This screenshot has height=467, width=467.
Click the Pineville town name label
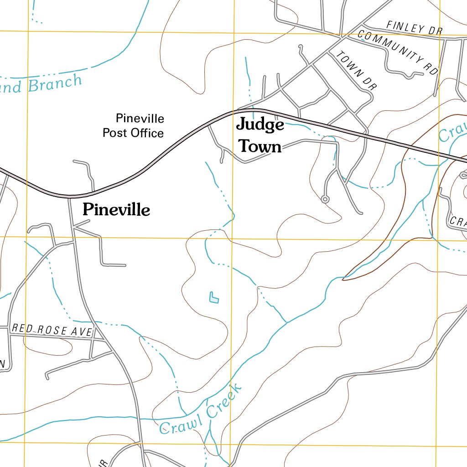(x=116, y=210)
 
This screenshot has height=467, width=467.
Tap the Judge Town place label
(x=260, y=135)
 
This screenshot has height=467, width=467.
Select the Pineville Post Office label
(x=133, y=126)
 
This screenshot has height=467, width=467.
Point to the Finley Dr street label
(x=414, y=28)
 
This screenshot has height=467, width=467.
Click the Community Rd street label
(x=398, y=52)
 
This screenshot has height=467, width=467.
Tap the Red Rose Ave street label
(x=52, y=330)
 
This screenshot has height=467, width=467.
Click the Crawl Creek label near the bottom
(x=201, y=410)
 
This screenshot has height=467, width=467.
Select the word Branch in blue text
(x=55, y=83)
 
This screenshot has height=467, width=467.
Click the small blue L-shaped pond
(x=213, y=298)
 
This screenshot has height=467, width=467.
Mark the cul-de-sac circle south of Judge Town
(x=325, y=199)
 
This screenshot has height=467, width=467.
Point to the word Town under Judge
(x=260, y=147)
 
